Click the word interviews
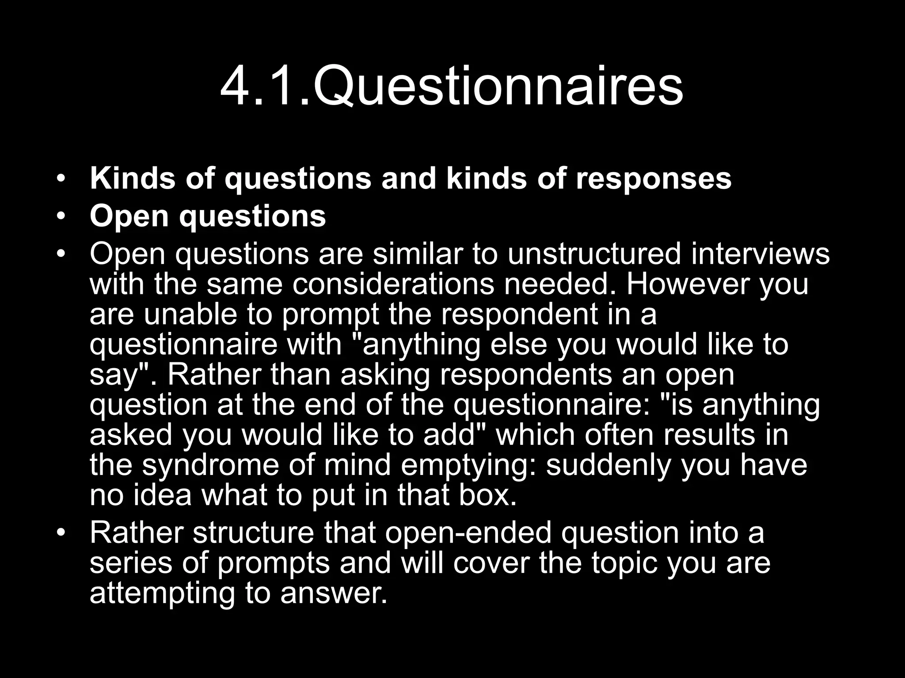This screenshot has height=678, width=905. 760,254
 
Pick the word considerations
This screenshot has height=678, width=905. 393,284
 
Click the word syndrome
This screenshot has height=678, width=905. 210,465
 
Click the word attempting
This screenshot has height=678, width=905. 162,593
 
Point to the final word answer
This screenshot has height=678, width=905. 329,593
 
